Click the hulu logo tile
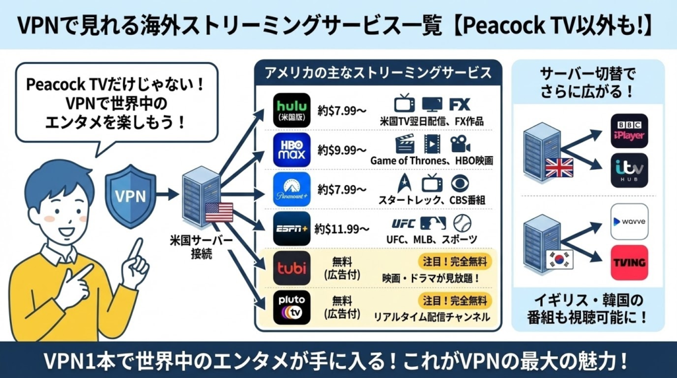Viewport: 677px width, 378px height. (x=292, y=110)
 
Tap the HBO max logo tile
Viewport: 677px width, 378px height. (x=292, y=151)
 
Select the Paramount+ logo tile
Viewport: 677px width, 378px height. (x=292, y=190)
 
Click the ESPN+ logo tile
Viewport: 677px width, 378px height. (x=292, y=230)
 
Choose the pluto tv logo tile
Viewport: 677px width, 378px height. (x=292, y=308)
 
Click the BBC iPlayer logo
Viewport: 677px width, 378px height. (x=629, y=130)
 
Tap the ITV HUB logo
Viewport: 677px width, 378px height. (x=629, y=170)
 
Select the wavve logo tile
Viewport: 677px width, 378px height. (x=629, y=221)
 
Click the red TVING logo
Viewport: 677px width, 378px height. (x=629, y=262)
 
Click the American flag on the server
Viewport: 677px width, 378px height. (x=219, y=212)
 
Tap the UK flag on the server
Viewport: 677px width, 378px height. (x=559, y=168)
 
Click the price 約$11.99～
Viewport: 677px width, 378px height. (x=342, y=229)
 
